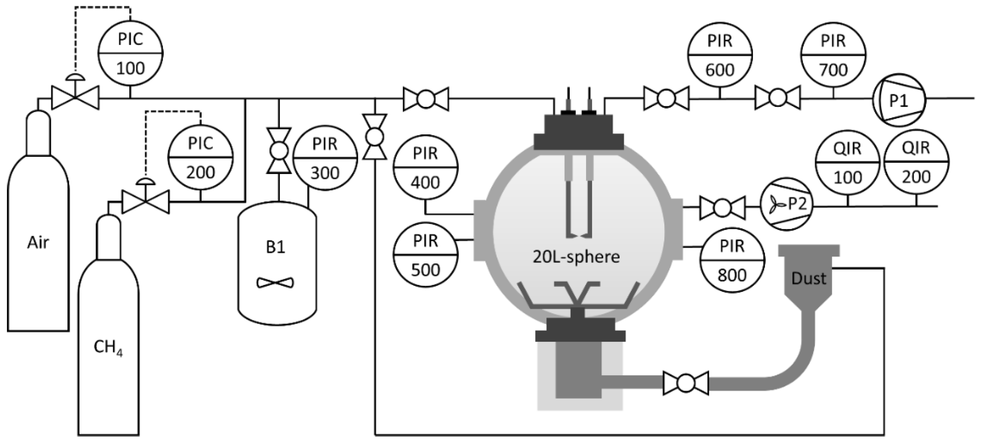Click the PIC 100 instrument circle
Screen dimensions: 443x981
[x=130, y=54]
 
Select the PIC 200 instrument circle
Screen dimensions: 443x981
[x=200, y=158]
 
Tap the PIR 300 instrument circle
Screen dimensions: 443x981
[x=325, y=158]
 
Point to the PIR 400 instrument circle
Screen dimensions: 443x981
[x=426, y=168]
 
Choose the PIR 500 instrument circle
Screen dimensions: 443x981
[x=426, y=255]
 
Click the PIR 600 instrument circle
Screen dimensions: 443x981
[x=720, y=55]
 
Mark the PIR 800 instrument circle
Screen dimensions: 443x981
[x=732, y=261]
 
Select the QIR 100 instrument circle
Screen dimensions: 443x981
[x=848, y=162]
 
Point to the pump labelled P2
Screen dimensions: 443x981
[x=787, y=204]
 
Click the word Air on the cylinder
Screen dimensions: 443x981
[x=38, y=243]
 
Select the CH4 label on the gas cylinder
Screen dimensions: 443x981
[x=108, y=347]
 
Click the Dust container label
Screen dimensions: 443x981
[x=808, y=278]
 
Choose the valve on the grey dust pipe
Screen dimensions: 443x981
[x=686, y=383]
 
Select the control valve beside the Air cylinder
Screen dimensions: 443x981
[x=75, y=97]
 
